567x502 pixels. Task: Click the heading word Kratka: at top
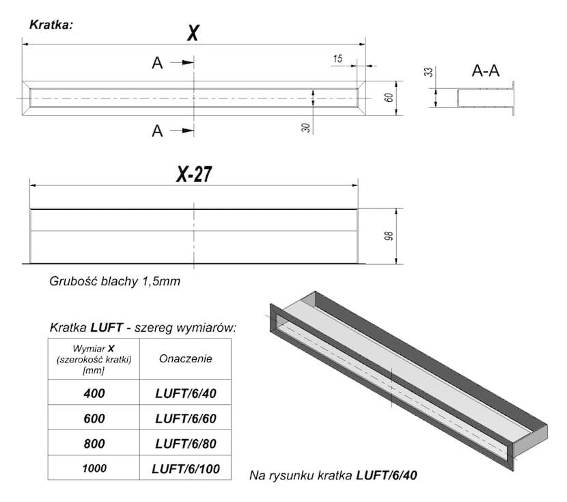point(51,25)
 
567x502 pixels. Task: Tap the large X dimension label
point(193,33)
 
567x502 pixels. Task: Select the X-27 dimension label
point(194,174)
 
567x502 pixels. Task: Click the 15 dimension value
point(337,59)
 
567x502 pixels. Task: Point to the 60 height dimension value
point(389,98)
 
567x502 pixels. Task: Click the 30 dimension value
point(306,127)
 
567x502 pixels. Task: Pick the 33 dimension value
point(428,72)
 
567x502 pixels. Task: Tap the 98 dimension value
point(389,236)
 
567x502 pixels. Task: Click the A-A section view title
point(486,70)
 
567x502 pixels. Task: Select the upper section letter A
point(157,63)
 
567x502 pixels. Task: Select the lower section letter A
point(157,131)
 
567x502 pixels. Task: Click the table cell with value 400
point(94,393)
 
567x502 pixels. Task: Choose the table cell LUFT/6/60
point(186,419)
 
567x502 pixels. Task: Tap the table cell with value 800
point(94,443)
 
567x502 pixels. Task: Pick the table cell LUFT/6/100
point(186,468)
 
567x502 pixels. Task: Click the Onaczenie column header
point(186,358)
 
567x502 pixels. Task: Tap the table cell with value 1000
point(94,468)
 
